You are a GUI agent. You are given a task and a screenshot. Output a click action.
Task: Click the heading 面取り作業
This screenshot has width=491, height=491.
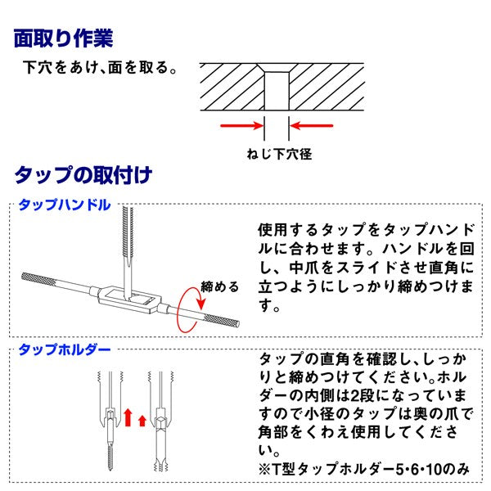click(x=64, y=38)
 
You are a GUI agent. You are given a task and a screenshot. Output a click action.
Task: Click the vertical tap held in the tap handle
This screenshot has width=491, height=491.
click(x=126, y=245)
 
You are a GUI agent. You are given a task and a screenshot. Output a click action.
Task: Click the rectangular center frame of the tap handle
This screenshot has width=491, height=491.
click(x=128, y=298)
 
